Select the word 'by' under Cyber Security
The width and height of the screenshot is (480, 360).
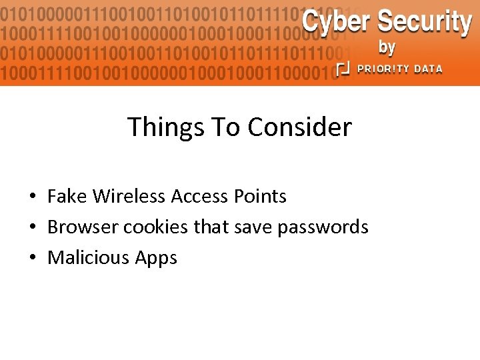(x=387, y=48)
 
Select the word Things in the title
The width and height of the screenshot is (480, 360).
(x=163, y=127)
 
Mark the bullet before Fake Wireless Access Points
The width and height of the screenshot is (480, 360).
(x=32, y=197)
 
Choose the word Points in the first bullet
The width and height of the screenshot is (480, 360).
(x=260, y=197)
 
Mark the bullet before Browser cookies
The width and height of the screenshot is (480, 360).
(x=32, y=228)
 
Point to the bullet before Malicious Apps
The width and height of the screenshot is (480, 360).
(x=32, y=259)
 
